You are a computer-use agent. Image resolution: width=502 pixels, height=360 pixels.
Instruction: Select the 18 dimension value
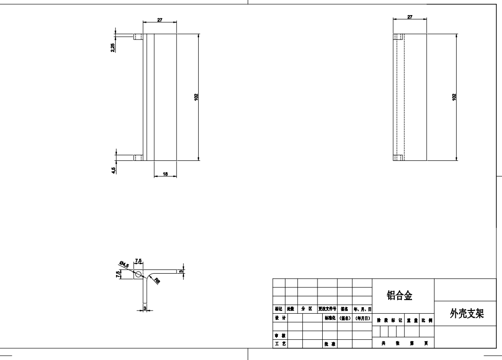(165, 174)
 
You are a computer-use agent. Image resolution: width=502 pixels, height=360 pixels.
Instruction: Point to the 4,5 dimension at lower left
(113, 169)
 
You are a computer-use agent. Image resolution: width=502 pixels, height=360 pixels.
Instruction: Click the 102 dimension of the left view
(196, 97)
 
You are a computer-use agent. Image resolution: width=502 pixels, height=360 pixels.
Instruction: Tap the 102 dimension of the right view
(454, 97)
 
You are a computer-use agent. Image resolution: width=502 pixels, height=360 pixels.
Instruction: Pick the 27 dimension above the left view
(160, 20)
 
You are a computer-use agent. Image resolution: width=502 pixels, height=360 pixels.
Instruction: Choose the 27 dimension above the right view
(410, 17)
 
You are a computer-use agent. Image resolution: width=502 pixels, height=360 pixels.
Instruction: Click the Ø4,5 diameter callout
(125, 265)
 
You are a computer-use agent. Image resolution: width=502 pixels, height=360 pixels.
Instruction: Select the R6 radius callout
(157, 282)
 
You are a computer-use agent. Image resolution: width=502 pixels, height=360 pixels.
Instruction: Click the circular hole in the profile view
(138, 274)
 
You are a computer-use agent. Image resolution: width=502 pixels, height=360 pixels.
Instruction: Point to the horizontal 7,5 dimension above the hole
(139, 260)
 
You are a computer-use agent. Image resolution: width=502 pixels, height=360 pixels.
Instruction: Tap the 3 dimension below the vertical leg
(145, 308)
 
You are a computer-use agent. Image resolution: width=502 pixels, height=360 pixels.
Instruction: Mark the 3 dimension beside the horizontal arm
(181, 271)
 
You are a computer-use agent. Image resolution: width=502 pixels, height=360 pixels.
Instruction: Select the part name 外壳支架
(467, 314)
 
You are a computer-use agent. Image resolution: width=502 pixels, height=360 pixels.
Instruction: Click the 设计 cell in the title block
(280, 318)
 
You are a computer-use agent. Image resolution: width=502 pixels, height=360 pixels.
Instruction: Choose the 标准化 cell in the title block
(330, 318)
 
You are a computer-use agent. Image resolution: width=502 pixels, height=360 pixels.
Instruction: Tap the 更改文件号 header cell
(327, 309)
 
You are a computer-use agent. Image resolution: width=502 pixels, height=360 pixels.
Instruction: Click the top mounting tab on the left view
(138, 37)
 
